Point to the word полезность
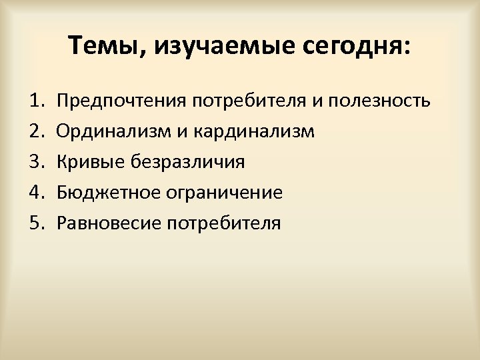point(382,101)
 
